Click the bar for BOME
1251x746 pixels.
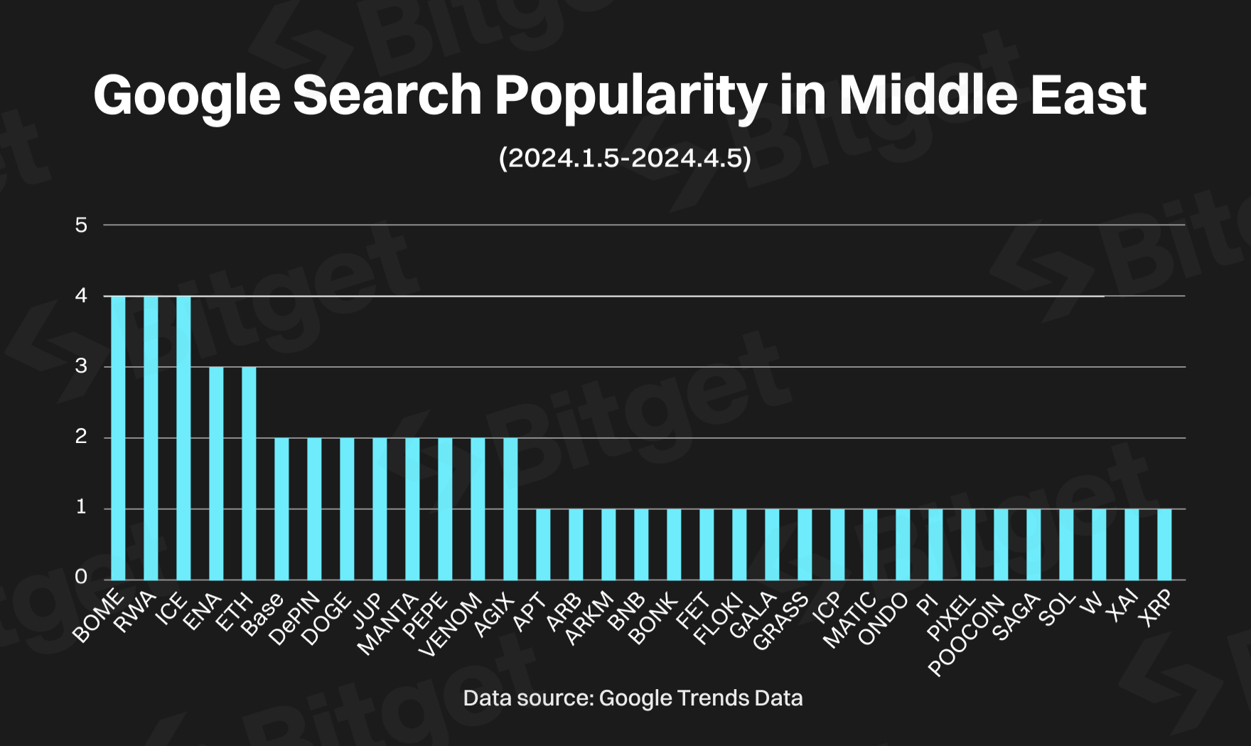coord(118,437)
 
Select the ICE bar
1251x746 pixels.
coord(183,437)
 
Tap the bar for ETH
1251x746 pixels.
coord(249,473)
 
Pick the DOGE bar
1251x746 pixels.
coord(347,508)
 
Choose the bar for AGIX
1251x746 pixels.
coord(510,508)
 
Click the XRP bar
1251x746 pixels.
coord(1164,544)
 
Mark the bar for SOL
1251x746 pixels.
coord(1066,544)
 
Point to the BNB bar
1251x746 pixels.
coord(641,544)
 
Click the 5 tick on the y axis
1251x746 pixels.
coord(81,225)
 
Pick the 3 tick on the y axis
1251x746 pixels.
coord(81,366)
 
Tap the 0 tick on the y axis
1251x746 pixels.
coord(81,577)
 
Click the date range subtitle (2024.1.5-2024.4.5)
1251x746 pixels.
coord(625,158)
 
